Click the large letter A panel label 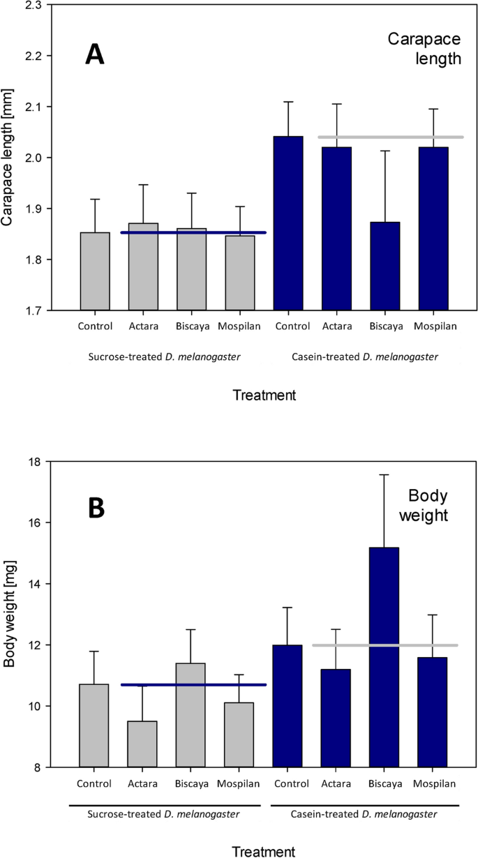[x=95, y=54]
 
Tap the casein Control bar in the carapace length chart [x=288, y=223]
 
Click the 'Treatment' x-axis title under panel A [x=264, y=396]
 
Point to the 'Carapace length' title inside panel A [x=426, y=49]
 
